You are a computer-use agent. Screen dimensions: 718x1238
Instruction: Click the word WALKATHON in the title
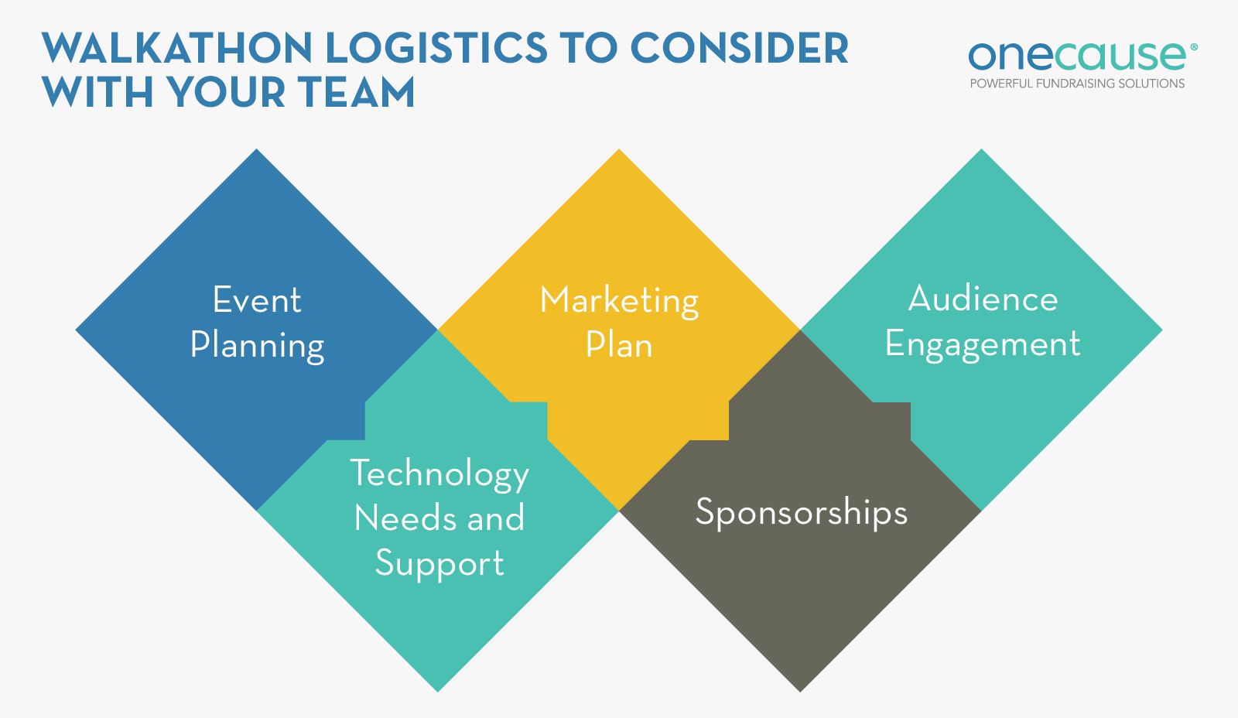pos(176,49)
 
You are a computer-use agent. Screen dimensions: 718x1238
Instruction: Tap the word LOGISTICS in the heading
pos(436,49)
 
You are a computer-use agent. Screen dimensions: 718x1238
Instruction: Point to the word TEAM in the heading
pos(357,93)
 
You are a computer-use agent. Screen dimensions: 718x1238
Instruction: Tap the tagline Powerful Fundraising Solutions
pos(1077,84)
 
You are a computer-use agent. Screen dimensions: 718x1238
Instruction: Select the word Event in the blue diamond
pos(257,300)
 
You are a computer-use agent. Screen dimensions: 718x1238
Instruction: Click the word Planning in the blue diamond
pos(257,345)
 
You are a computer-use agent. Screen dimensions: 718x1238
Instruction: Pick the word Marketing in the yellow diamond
pos(619,300)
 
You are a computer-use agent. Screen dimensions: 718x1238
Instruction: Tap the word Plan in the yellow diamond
pos(619,345)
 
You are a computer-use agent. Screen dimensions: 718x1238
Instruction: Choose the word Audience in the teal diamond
pos(983,299)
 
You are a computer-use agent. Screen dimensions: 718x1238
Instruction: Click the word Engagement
pos(983,344)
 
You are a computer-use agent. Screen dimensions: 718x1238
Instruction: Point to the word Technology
pos(439,474)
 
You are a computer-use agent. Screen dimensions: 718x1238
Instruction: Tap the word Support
pos(439,563)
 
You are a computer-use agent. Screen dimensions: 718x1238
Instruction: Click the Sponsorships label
pos(801,512)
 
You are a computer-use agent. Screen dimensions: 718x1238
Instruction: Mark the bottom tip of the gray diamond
pos(800,689)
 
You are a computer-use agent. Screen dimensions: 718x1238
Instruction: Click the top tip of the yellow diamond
pos(619,152)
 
